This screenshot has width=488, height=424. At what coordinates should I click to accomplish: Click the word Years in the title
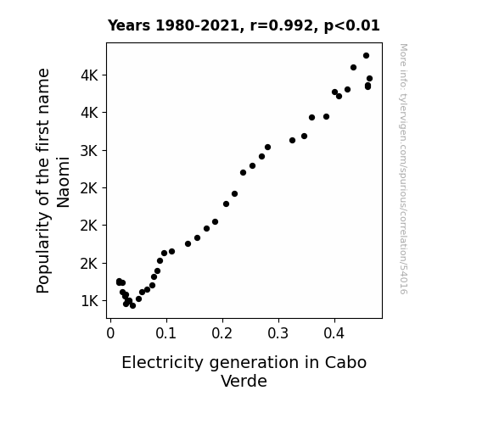click(x=129, y=25)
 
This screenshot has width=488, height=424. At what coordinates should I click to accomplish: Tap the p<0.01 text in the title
click(x=351, y=25)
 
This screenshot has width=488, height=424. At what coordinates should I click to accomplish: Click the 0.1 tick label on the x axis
click(x=165, y=333)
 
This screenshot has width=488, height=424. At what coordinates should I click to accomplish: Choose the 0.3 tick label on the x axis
click(x=278, y=333)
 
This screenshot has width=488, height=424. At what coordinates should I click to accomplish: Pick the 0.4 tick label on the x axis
click(x=334, y=333)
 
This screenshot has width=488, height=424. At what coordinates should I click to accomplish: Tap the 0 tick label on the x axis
click(x=110, y=333)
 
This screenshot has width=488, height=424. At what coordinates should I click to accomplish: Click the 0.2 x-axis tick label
click(x=222, y=333)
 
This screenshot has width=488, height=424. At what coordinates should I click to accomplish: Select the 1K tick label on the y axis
click(x=90, y=301)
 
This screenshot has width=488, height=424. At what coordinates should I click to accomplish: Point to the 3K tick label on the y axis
click(x=90, y=151)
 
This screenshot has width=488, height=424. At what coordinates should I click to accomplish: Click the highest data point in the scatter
click(x=366, y=56)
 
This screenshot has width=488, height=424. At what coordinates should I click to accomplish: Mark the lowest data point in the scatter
click(x=132, y=305)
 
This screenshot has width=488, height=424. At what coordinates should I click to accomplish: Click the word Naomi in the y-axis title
click(x=63, y=182)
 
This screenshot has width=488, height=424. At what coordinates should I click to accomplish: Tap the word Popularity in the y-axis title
click(x=43, y=254)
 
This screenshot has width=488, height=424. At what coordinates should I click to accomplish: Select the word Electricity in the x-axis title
click(x=162, y=363)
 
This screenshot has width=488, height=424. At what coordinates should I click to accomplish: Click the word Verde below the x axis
click(x=244, y=381)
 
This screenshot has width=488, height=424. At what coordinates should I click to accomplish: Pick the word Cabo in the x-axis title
click(x=345, y=363)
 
